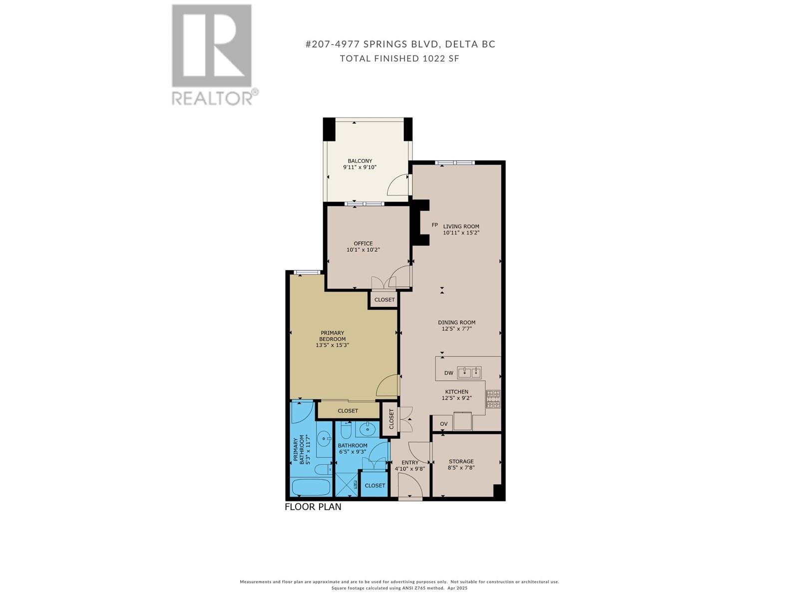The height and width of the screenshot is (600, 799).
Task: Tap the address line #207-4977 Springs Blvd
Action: (x=400, y=44)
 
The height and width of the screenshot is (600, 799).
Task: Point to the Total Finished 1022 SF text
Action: (x=399, y=58)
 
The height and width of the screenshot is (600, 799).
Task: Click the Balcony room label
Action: (x=360, y=161)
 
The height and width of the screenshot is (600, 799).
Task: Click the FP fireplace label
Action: (x=434, y=225)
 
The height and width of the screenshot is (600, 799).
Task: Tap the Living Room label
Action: (x=461, y=226)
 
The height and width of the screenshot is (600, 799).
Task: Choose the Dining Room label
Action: (x=456, y=322)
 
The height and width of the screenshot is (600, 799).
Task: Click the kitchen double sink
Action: (x=469, y=372)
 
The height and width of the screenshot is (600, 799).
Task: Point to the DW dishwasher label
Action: (x=448, y=373)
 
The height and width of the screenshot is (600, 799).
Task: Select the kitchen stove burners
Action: (x=493, y=399)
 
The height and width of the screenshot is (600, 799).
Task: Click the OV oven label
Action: (x=443, y=424)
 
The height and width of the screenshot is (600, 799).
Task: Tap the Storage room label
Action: (x=461, y=461)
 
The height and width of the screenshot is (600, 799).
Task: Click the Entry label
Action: (x=409, y=462)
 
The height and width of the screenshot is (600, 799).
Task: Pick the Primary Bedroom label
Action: (x=332, y=336)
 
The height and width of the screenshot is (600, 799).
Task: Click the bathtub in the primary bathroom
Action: (x=311, y=487)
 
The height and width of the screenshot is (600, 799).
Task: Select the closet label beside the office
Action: (x=384, y=300)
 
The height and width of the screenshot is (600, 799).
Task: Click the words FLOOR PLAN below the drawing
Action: (x=313, y=507)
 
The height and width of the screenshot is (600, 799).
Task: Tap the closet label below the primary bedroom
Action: (x=348, y=411)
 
